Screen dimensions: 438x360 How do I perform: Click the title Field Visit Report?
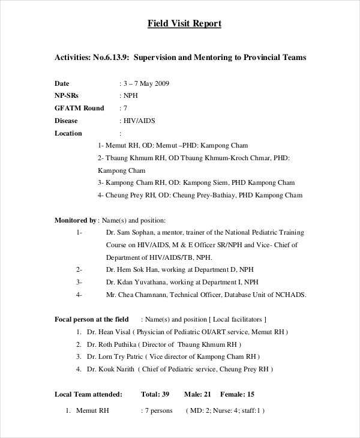pyautogui.click(x=185, y=24)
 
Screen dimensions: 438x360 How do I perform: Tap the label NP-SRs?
pyautogui.click(x=67, y=95)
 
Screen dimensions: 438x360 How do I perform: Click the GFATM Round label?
pyautogui.click(x=79, y=108)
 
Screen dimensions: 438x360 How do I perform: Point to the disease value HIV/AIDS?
pyautogui.click(x=139, y=121)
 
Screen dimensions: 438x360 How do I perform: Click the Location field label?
pyautogui.click(x=68, y=133)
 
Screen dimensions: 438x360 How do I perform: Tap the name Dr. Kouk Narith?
pyautogui.click(x=110, y=370)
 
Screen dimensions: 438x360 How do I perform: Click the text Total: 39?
pyautogui.click(x=155, y=394)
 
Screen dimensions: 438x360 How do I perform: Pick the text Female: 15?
pyautogui.click(x=238, y=394)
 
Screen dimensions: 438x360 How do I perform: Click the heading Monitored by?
pyautogui.click(x=75, y=220)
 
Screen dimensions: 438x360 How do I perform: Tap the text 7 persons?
pyautogui.click(x=158, y=411)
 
